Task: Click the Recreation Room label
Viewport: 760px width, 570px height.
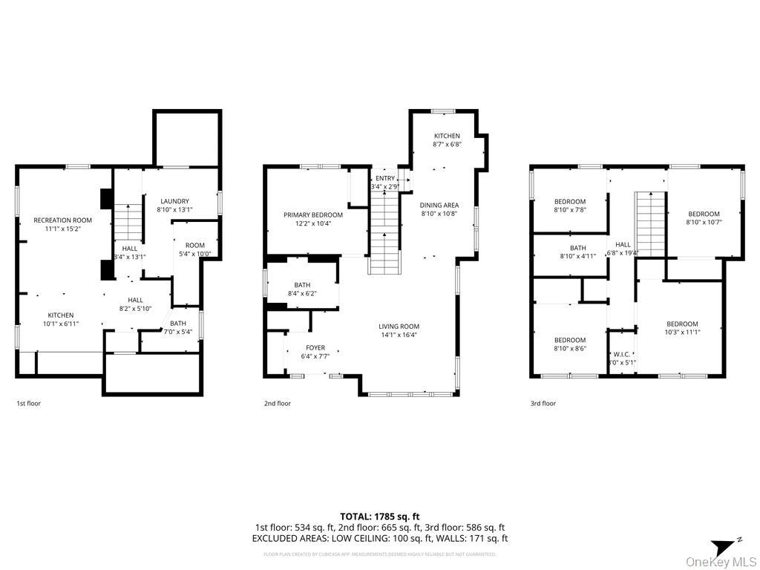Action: coord(62,220)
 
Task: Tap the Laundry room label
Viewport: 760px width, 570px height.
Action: coord(174,201)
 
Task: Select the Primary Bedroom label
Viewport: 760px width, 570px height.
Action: coord(312,214)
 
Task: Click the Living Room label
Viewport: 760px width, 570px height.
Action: coord(399,326)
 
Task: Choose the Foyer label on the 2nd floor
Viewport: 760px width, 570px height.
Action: coord(315,347)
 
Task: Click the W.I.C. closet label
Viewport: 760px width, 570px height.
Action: coord(621,354)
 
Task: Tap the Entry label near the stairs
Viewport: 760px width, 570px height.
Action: coord(385,178)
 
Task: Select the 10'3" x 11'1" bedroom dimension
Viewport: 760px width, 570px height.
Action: coord(681,332)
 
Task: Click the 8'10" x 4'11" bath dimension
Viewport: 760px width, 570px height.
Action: coord(578,257)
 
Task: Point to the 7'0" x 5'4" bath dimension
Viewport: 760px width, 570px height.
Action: coord(178,332)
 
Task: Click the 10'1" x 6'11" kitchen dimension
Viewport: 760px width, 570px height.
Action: coord(61,324)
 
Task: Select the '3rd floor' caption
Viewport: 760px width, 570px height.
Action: coord(543,404)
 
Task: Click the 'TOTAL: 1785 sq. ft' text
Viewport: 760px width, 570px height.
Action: coord(380,516)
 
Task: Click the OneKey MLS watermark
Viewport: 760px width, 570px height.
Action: coord(721,561)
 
